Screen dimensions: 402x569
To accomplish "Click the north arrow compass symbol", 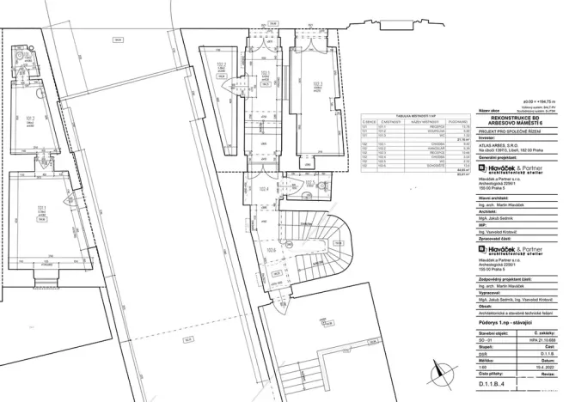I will click(444, 373).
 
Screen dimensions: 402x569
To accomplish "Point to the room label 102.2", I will click(316, 84).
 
